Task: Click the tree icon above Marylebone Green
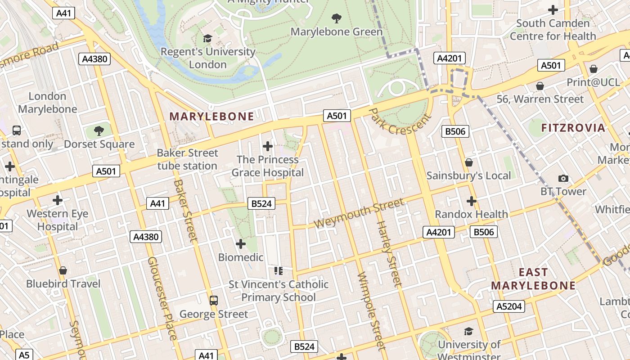coord(336,18)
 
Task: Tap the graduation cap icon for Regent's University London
coord(207,39)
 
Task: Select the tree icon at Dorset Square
coord(99,131)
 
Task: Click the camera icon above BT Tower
coord(563,178)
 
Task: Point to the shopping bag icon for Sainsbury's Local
coord(469,162)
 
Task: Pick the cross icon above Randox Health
coord(471,201)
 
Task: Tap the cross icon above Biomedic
coord(241,244)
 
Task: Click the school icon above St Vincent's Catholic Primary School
coord(279,271)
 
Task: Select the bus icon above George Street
coord(214,300)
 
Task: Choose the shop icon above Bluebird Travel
coord(63,270)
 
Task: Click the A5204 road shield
coord(509,306)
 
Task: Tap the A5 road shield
coord(24,355)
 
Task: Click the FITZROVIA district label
coord(573,128)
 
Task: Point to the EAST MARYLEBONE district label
coord(533,279)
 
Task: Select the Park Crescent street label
coord(400,121)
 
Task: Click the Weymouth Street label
coord(359,214)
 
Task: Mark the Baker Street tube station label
coord(187,159)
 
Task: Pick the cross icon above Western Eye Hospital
coord(58,200)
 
